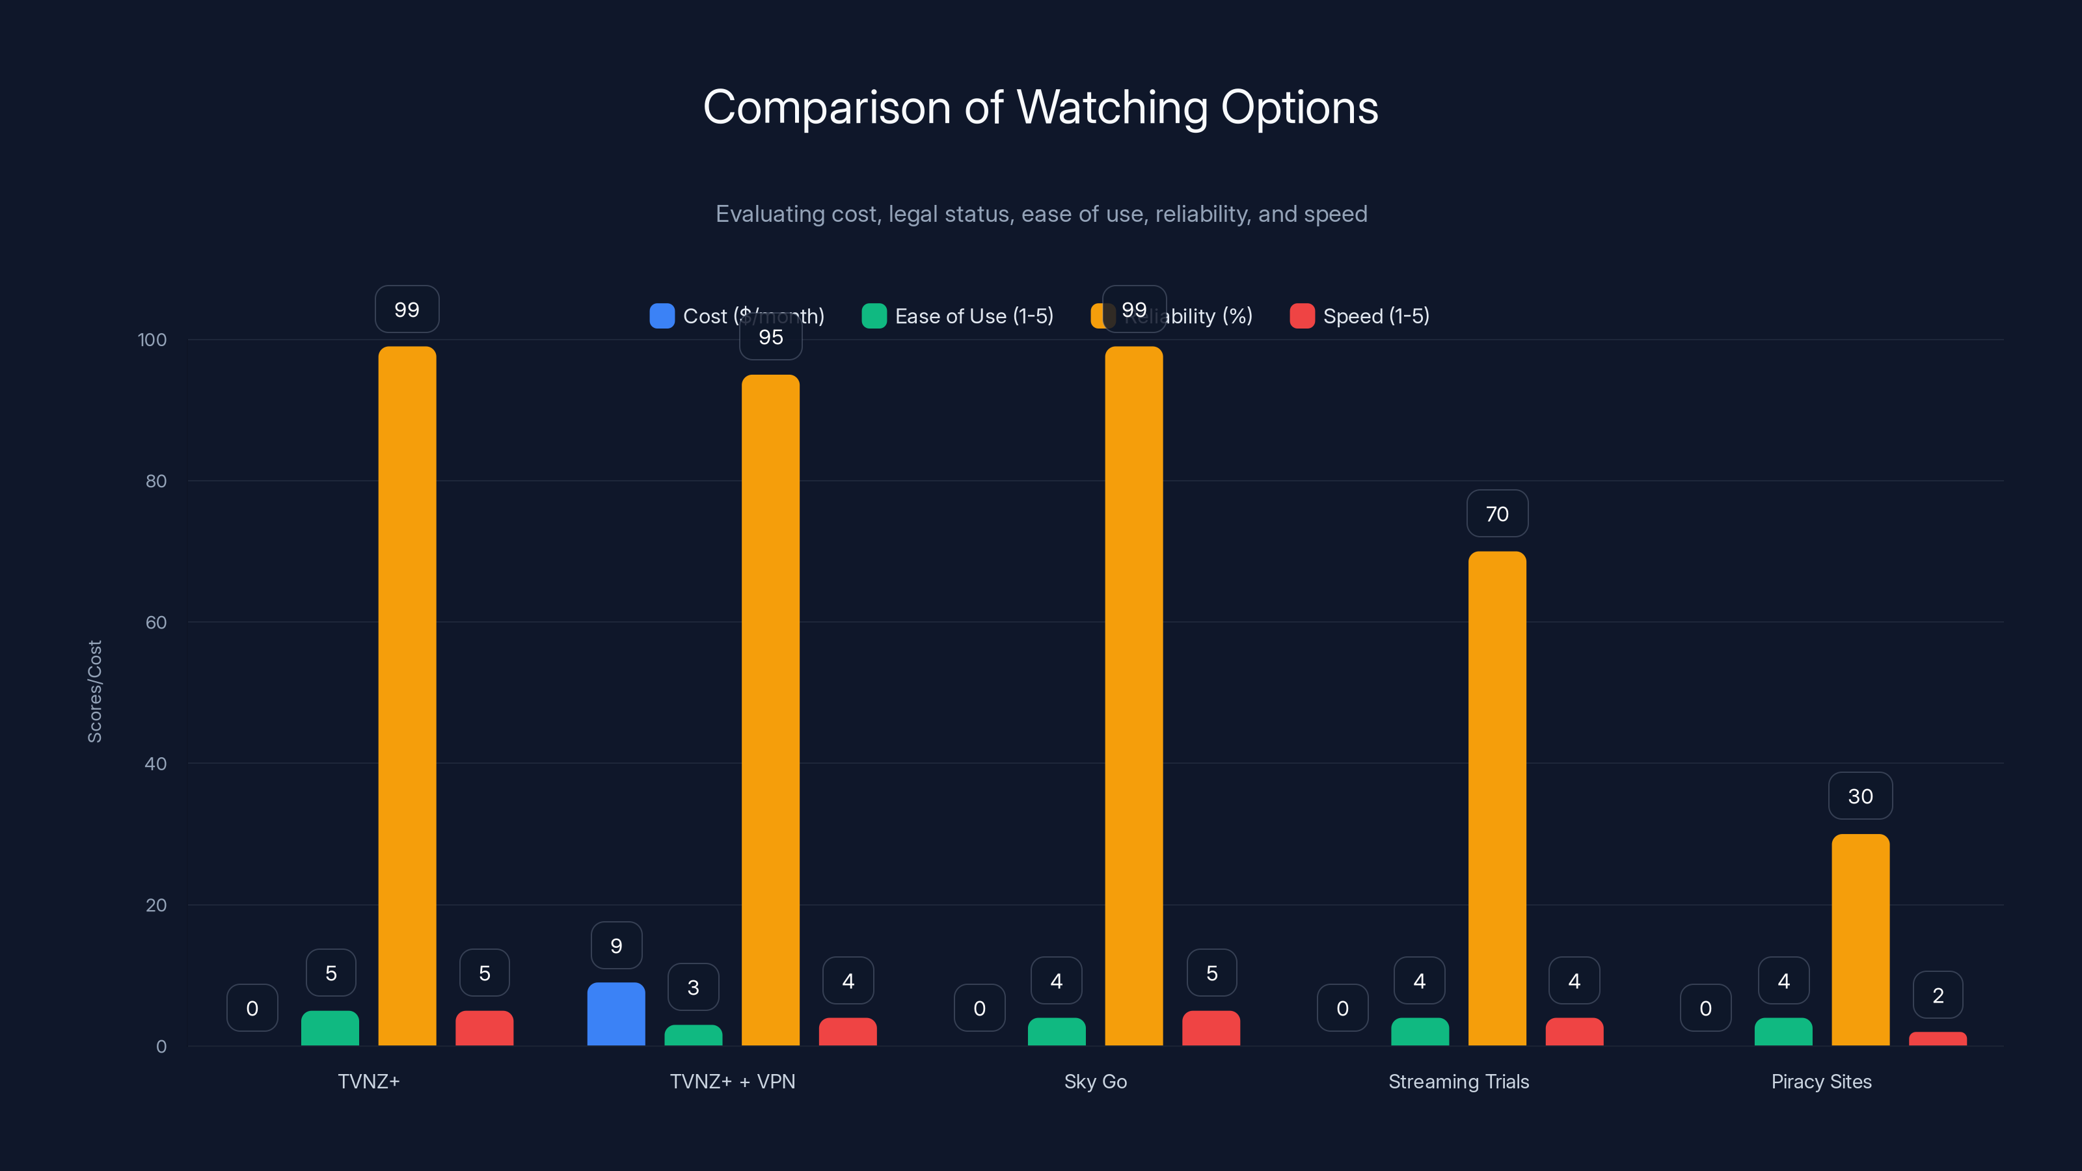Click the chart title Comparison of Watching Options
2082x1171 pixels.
[x=1040, y=107]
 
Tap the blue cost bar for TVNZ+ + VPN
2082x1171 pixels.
[x=616, y=1014]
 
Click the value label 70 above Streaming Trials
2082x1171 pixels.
[x=1497, y=514]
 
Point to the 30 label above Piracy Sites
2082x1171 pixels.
[x=1859, y=796]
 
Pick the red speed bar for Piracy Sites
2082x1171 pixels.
[x=1938, y=1038]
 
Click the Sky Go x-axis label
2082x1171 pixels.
[x=1095, y=1081]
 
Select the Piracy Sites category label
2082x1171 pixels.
[x=1821, y=1081]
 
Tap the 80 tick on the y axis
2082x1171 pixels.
[x=156, y=481]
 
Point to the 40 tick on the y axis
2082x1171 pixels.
[x=156, y=764]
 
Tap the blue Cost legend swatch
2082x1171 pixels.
[x=662, y=316]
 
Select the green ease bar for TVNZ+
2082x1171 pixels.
[x=330, y=1028]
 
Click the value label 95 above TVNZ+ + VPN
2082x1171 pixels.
[x=770, y=338]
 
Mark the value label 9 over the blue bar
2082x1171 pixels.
[x=616, y=945]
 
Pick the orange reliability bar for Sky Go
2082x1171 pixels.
[x=1133, y=695]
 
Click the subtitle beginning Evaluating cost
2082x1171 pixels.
[x=1041, y=214]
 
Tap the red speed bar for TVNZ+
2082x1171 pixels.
[x=484, y=1028]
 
